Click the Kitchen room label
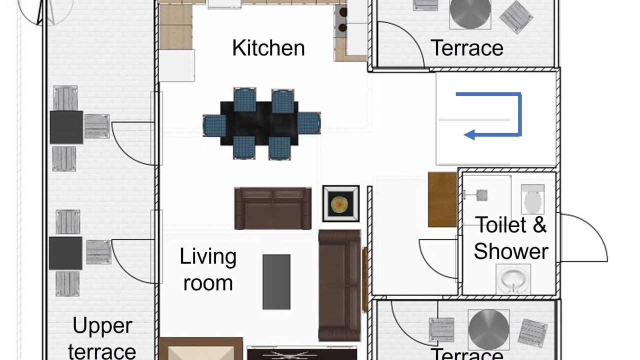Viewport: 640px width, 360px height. point(268,48)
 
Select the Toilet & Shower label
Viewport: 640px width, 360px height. point(511,238)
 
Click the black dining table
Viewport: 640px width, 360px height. point(259,123)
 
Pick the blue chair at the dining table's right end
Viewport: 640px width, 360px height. point(309,123)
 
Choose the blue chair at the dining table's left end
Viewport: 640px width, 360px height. point(214,125)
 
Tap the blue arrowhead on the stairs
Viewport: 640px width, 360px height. point(469,134)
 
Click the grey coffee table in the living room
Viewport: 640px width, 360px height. point(276,282)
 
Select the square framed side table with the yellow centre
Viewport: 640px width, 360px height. point(341,203)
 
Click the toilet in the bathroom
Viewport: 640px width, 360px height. point(533,199)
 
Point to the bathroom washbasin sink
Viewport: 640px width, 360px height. point(513,279)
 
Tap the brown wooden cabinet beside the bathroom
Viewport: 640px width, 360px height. point(442,199)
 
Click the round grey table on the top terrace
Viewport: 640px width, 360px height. point(470,13)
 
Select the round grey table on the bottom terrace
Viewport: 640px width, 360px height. point(489,329)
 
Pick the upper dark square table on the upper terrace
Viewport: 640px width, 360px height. point(66,127)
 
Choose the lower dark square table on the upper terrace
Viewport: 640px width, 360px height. point(65,253)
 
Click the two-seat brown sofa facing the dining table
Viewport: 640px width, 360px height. point(273,208)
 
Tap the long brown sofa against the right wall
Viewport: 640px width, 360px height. point(339,285)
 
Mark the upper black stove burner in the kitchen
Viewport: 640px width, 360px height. point(343,12)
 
